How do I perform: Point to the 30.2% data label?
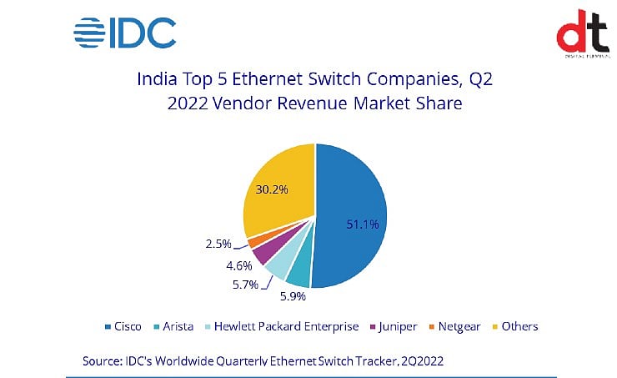coord(270,189)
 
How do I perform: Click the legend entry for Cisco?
coord(122,326)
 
